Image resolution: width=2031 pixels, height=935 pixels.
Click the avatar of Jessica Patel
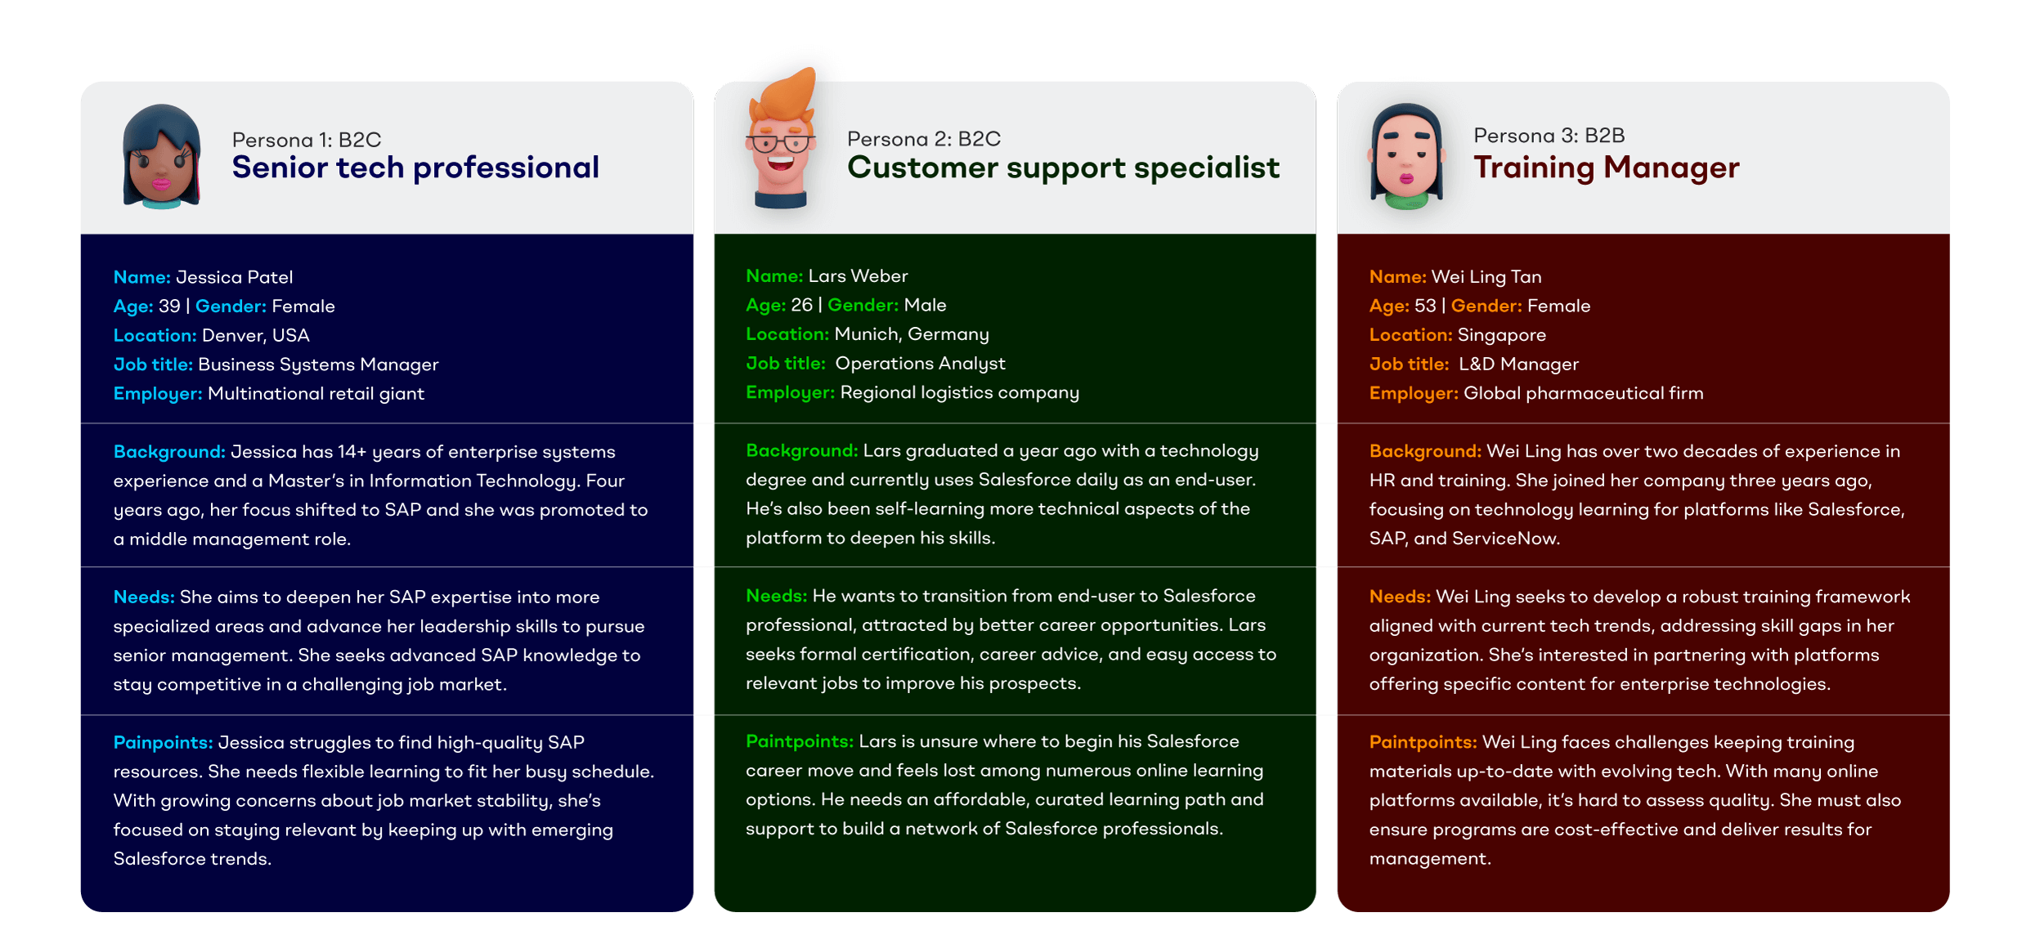(x=161, y=157)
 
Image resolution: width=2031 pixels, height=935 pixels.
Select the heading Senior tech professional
(x=415, y=168)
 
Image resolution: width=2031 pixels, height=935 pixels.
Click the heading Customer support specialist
(x=1063, y=168)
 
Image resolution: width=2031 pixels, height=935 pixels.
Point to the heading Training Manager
(x=1606, y=168)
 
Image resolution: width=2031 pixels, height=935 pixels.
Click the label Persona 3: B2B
(x=1549, y=136)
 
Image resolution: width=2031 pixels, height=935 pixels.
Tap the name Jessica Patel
(x=234, y=277)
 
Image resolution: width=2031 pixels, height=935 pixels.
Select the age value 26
(x=801, y=305)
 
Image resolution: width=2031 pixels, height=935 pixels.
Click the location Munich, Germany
(x=911, y=334)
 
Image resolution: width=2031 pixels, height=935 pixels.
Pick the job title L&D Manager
(x=1518, y=364)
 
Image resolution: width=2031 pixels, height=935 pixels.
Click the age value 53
(x=1425, y=306)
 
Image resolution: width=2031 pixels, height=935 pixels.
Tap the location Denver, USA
(x=255, y=335)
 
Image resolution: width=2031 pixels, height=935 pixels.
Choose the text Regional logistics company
(x=959, y=392)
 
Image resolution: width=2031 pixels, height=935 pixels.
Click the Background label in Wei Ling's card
(x=1424, y=451)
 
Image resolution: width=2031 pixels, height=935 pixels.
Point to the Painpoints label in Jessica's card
(x=163, y=742)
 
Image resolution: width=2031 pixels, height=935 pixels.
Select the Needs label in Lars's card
(x=775, y=596)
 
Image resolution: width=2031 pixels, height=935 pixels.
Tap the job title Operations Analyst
(x=920, y=363)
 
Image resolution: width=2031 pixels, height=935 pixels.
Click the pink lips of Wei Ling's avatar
(x=1406, y=177)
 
